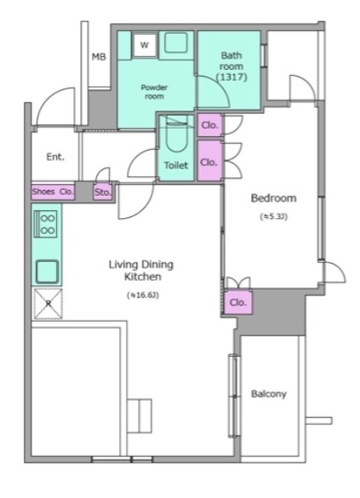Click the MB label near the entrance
coord(99,57)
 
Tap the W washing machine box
coord(145,45)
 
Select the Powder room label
coord(154,91)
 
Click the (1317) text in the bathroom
coord(231,77)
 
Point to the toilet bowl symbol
coord(176,134)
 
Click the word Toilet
coord(176,165)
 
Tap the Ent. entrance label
coord(55,157)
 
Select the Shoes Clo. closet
coord(53,192)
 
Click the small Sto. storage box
coord(102,192)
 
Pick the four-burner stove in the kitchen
coord(46,224)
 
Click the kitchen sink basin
coord(47,272)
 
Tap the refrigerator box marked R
coord(48,304)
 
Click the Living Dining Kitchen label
coord(141,270)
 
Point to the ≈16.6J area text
coord(142,295)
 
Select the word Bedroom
coord(274,198)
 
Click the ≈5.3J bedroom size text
coord(274,217)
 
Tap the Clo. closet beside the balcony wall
coord(238,302)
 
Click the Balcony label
coord(269,394)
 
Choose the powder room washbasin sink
coord(176,43)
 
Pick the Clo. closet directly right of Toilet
coord(209,161)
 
